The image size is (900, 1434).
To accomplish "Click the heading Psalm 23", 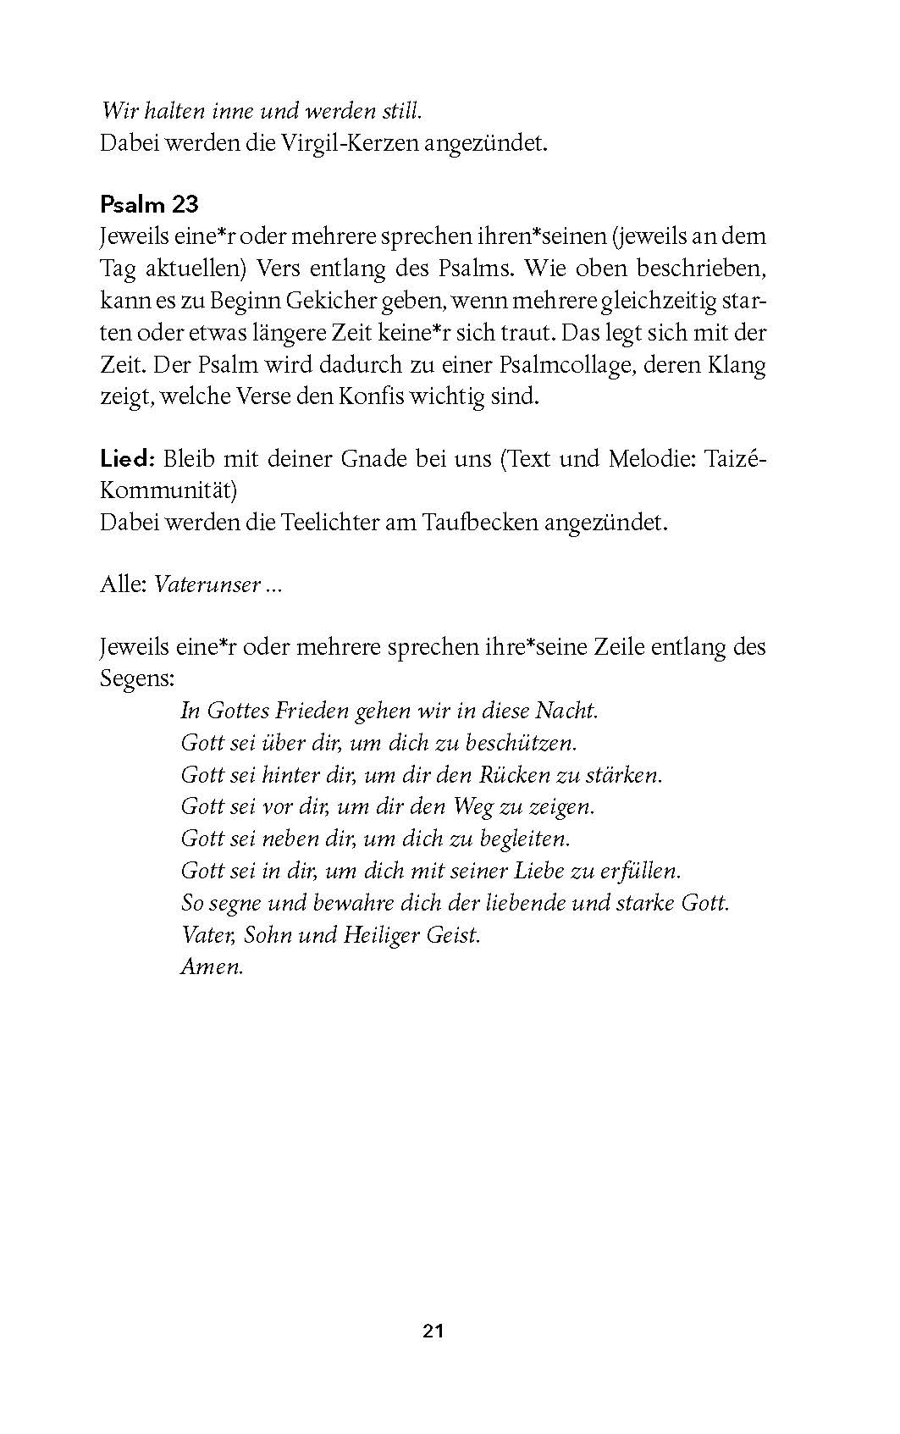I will [149, 204].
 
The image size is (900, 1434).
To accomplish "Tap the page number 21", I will [433, 1331].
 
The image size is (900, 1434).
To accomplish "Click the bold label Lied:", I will [127, 458].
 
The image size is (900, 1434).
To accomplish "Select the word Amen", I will [212, 966].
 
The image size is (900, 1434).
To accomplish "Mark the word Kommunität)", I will [168, 490].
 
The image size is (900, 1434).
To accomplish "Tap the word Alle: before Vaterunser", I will [123, 584].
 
